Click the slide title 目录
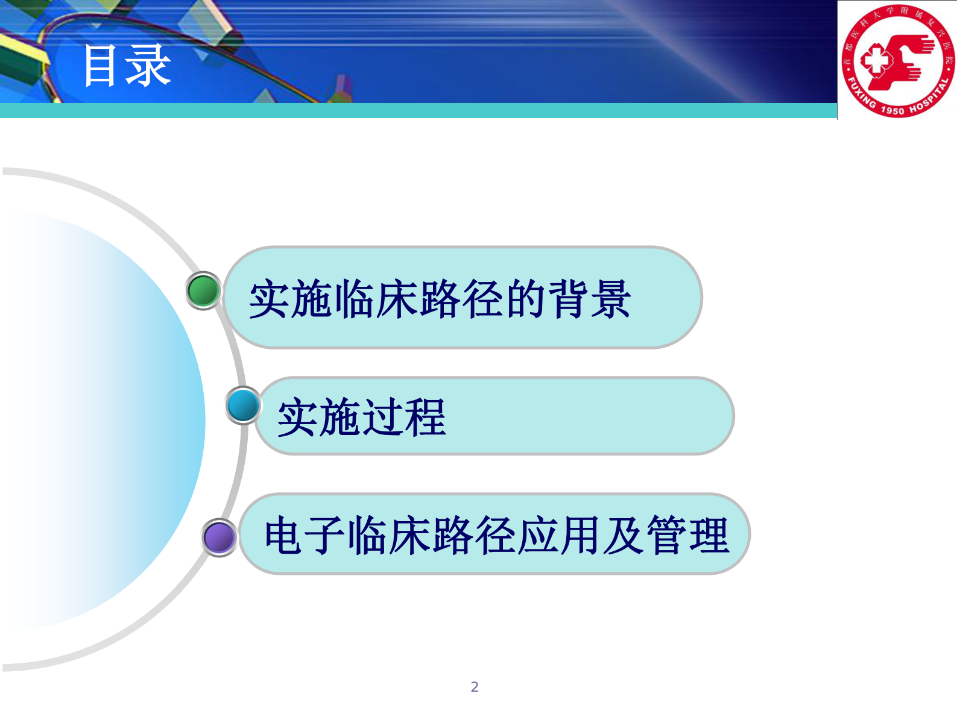(x=127, y=66)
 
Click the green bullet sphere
(x=203, y=290)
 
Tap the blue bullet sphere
(x=243, y=405)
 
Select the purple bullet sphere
(x=219, y=537)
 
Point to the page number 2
(x=475, y=687)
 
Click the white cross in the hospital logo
(x=875, y=61)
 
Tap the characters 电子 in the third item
(x=305, y=535)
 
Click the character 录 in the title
(x=148, y=66)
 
